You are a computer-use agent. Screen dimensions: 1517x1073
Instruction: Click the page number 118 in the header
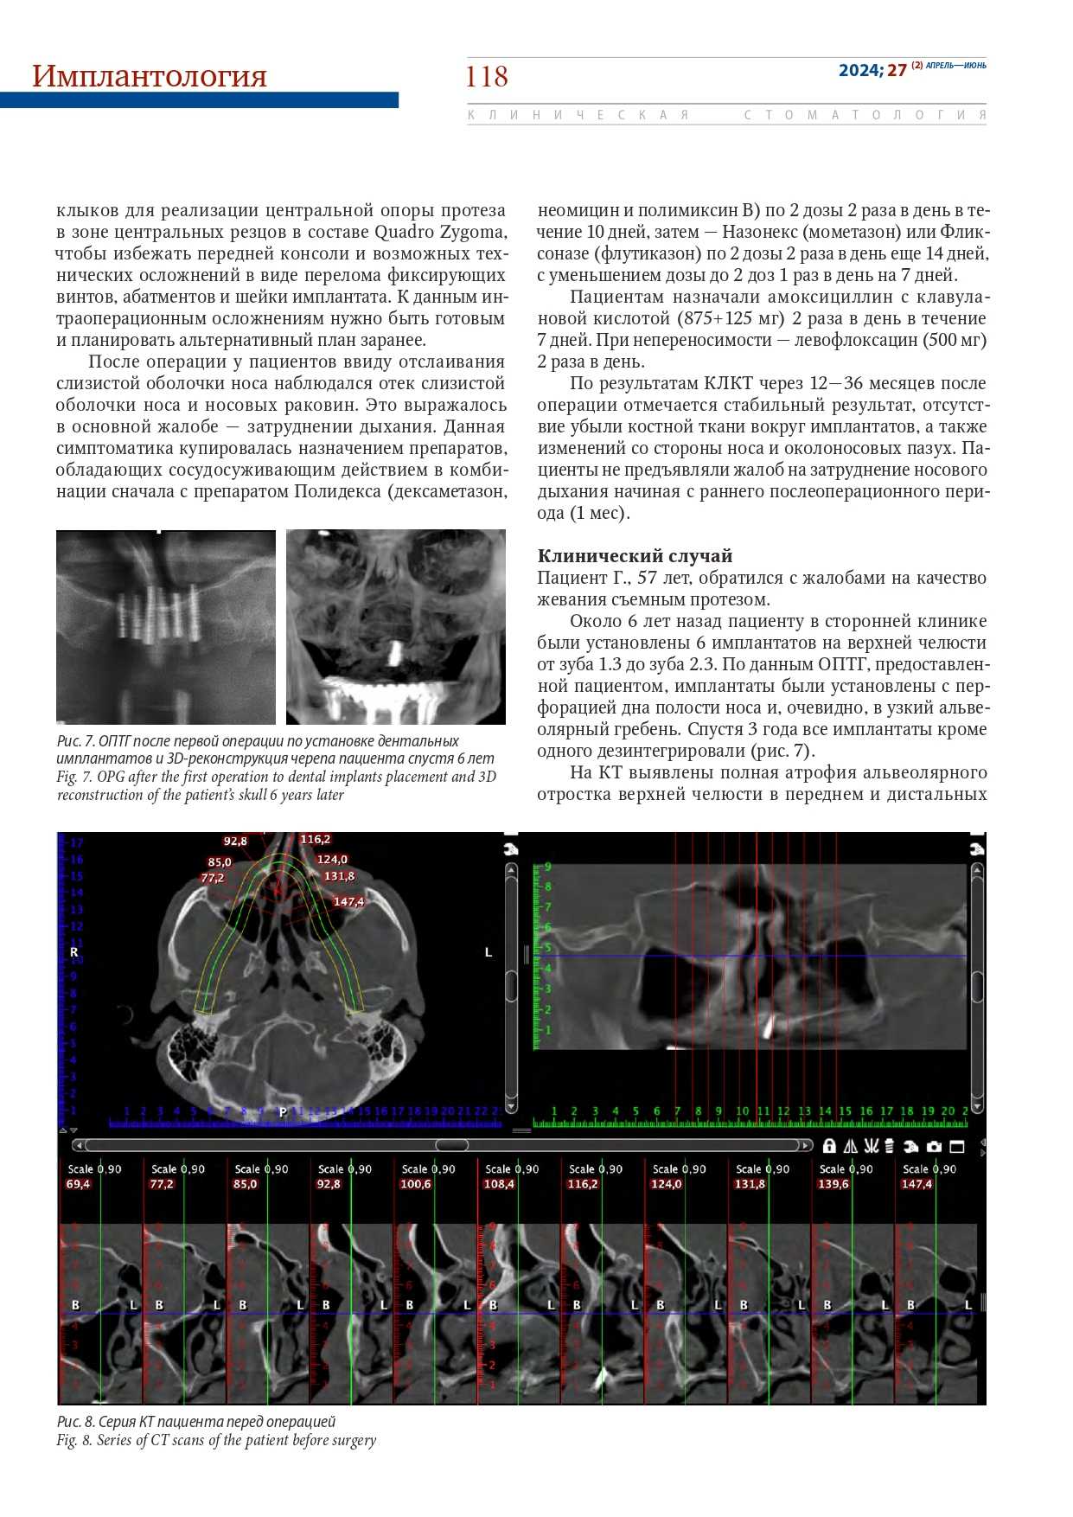click(486, 77)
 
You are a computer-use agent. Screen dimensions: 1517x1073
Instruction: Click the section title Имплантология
click(149, 76)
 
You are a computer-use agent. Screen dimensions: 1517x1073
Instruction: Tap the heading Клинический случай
click(635, 555)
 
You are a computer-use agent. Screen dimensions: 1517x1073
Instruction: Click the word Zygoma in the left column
click(472, 232)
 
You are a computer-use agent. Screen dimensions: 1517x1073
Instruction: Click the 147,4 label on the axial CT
click(348, 901)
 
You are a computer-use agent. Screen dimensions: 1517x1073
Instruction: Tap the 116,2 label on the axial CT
click(315, 839)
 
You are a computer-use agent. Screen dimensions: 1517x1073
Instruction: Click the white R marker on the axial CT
click(73, 951)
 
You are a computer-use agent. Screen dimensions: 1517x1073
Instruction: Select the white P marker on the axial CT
click(282, 1111)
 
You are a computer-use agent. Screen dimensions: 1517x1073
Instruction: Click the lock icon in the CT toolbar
click(829, 1146)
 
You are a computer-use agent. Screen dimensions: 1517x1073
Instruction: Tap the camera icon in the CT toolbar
click(934, 1146)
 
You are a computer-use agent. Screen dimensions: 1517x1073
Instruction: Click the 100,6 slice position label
click(415, 1184)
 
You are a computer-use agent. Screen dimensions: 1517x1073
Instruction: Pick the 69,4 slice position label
click(78, 1184)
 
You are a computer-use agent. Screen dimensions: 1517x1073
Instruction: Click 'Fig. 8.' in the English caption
click(74, 1440)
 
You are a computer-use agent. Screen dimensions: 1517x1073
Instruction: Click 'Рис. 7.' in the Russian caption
click(76, 740)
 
